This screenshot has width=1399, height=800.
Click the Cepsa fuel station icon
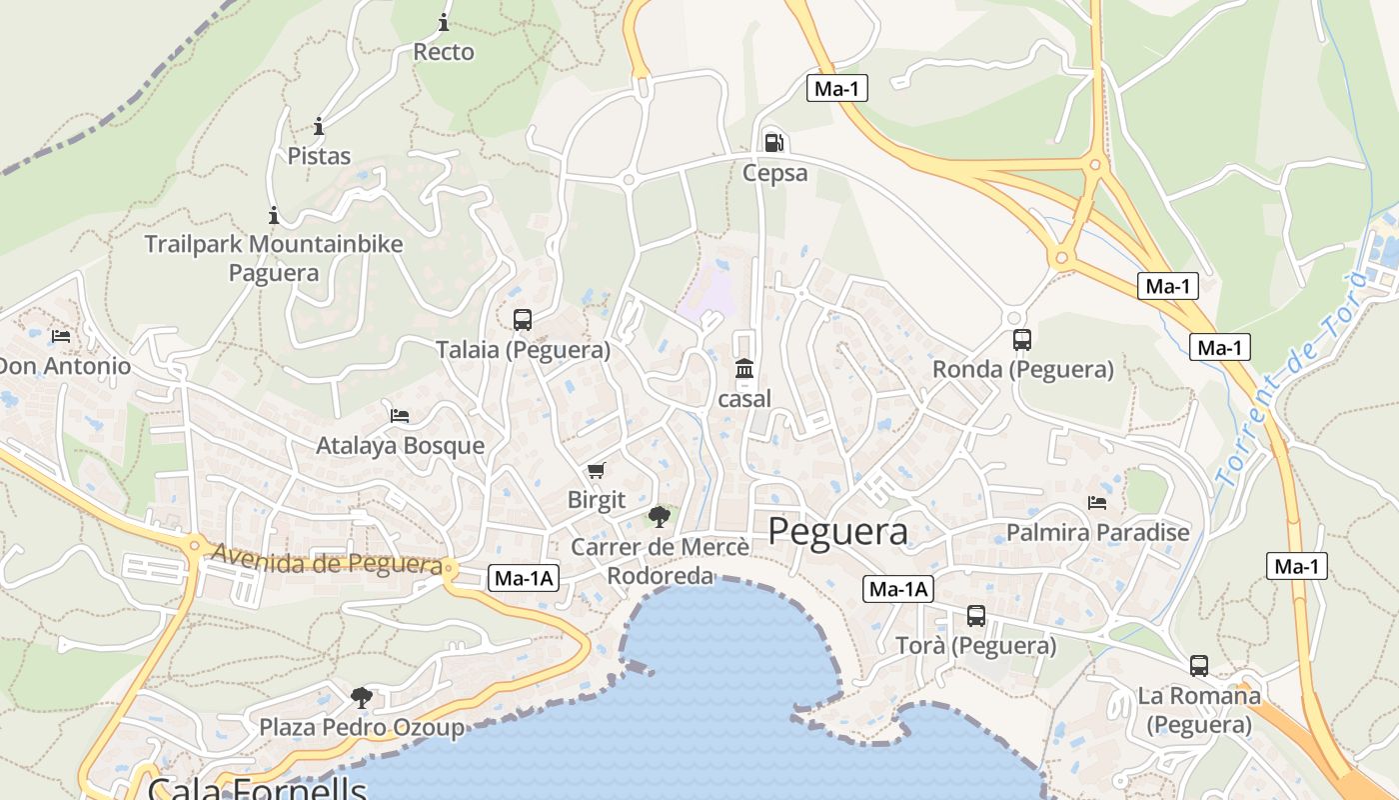(x=772, y=142)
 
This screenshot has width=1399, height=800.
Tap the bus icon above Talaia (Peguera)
(x=523, y=320)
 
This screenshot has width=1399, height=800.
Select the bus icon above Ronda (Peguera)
(x=1021, y=340)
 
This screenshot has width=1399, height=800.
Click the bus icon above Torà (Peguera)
(x=976, y=616)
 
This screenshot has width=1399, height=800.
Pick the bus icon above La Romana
(x=1198, y=665)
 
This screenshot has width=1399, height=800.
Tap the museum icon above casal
(x=744, y=370)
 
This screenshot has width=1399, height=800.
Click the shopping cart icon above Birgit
(x=597, y=470)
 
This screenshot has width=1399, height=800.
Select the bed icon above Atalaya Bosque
(x=400, y=415)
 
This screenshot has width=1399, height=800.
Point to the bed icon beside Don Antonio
(x=61, y=337)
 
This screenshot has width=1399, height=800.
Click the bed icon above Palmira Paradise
(x=1097, y=502)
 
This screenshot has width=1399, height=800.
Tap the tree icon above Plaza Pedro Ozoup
(x=362, y=697)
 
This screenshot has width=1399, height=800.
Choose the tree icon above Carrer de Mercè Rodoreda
(x=659, y=517)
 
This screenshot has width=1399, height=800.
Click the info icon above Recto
(x=444, y=22)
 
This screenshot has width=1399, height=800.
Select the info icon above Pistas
(x=319, y=126)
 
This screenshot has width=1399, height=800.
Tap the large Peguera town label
(x=837, y=532)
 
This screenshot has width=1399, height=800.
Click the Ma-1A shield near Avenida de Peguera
(x=524, y=578)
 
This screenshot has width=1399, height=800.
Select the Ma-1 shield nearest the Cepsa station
(x=837, y=88)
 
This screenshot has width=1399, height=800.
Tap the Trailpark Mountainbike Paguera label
(x=274, y=258)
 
